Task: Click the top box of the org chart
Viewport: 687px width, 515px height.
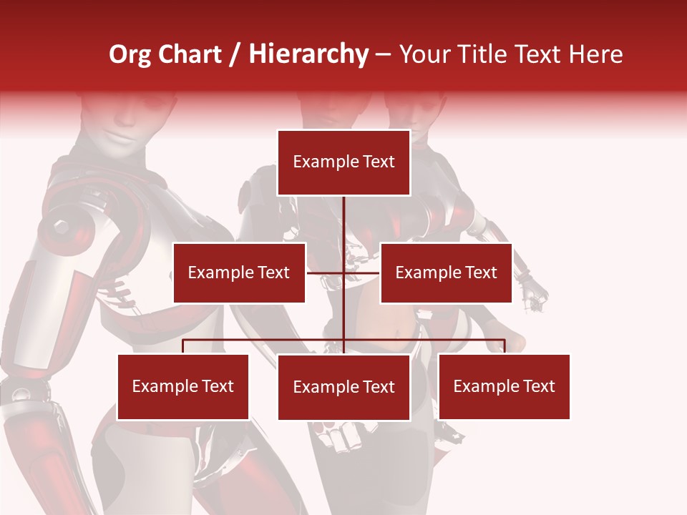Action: (x=343, y=162)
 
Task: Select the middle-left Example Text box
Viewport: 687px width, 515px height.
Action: (x=239, y=273)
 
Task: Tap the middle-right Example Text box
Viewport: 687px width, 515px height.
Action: (x=446, y=273)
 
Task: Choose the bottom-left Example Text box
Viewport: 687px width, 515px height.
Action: (x=183, y=386)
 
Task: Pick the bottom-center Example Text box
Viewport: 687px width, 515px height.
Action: (x=343, y=387)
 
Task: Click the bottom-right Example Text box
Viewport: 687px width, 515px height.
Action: (x=504, y=386)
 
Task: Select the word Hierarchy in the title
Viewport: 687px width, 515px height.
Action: (x=308, y=54)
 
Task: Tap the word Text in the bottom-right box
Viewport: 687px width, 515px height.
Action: (x=540, y=386)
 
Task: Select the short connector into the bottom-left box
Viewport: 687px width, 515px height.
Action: (x=183, y=346)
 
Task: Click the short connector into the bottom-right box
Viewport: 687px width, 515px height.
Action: (x=504, y=346)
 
